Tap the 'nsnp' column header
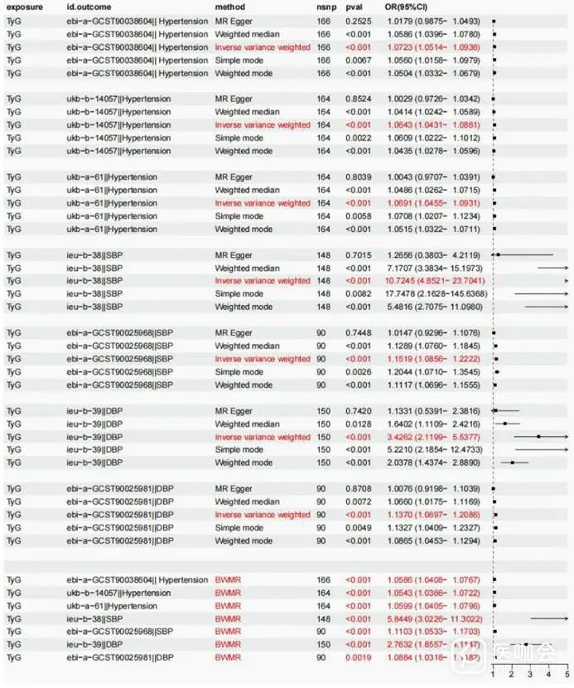click(x=324, y=7)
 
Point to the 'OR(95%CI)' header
click(x=405, y=7)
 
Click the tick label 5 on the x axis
click(x=567, y=676)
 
